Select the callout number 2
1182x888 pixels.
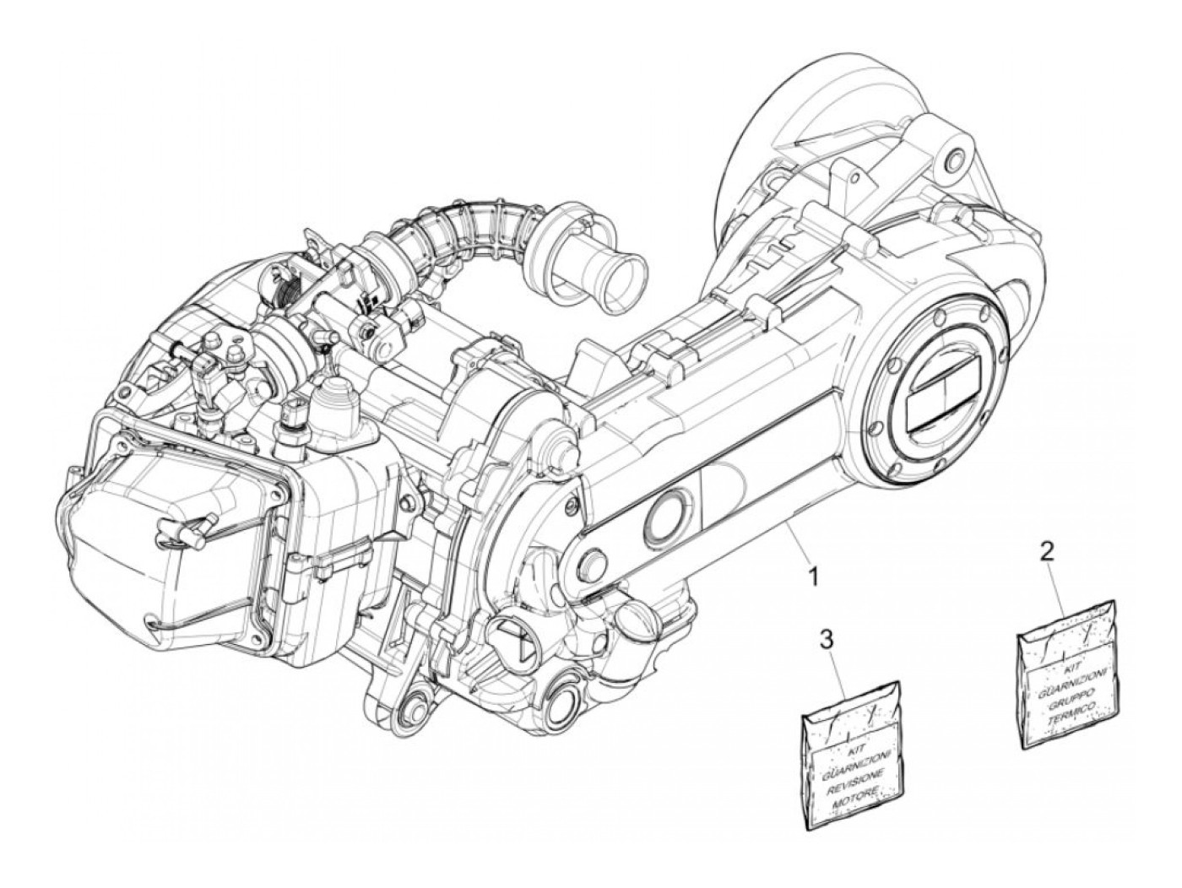pyautogui.click(x=1047, y=553)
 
